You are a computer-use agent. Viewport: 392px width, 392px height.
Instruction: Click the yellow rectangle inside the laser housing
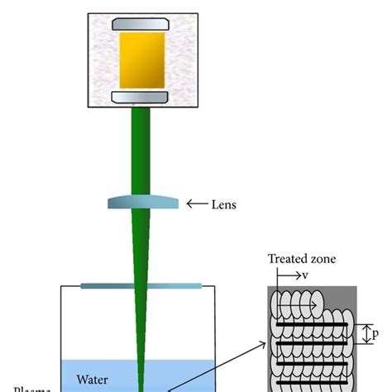pos(141,64)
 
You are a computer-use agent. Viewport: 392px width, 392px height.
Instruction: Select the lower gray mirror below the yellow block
pos(141,100)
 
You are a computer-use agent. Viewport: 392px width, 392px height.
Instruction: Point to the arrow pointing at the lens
pos(196,203)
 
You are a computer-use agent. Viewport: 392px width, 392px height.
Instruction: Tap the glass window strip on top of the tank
pos(141,286)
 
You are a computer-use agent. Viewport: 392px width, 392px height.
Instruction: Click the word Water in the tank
pos(93,380)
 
